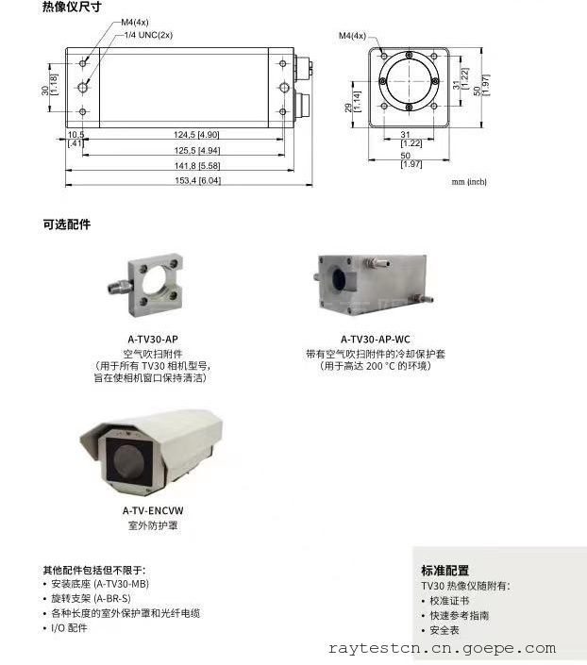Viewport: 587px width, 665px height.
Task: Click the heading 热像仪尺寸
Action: tap(72, 7)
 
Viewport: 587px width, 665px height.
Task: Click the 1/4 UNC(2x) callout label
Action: tap(148, 35)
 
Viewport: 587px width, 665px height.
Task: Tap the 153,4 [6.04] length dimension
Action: tap(198, 180)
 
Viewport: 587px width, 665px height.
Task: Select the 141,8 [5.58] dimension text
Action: tap(197, 165)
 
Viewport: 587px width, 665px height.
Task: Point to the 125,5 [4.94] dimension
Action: tap(197, 150)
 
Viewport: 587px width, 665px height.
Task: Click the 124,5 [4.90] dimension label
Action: tap(196, 135)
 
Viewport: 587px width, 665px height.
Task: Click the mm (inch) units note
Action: tap(469, 181)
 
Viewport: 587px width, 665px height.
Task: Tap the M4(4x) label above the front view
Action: tap(352, 36)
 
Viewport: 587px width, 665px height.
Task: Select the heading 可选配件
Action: tap(67, 224)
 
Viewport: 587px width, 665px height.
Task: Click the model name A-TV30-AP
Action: tap(153, 340)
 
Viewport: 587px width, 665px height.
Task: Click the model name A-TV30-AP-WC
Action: tap(376, 340)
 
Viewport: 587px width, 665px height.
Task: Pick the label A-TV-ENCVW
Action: tap(153, 510)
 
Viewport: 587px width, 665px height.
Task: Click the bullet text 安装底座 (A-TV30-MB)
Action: tap(100, 584)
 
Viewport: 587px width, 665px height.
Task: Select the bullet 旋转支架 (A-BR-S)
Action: tap(91, 598)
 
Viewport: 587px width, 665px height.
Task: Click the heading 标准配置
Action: tap(444, 571)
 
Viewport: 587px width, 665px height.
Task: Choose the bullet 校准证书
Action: tap(449, 601)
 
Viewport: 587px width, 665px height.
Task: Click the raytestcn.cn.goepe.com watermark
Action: tap(442, 648)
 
